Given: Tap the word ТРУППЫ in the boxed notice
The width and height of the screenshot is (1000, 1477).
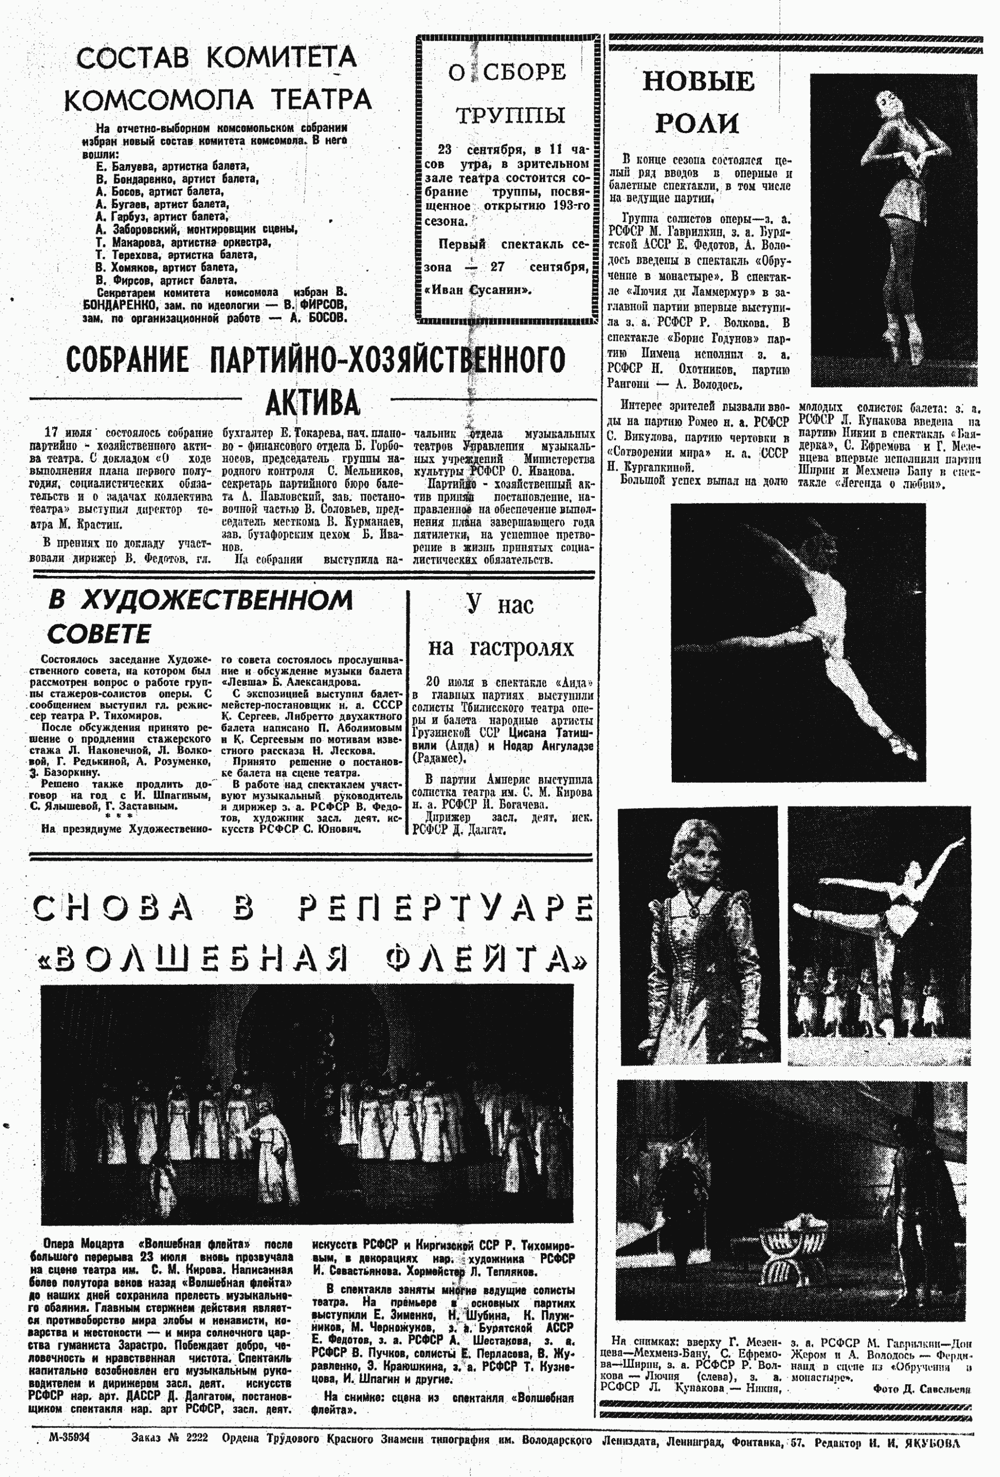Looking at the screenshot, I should pyautogui.click(x=510, y=115).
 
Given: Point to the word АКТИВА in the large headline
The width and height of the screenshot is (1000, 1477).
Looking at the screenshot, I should pyautogui.click(x=312, y=403).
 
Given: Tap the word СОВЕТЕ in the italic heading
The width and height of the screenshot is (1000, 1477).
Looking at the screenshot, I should pyautogui.click(x=99, y=634).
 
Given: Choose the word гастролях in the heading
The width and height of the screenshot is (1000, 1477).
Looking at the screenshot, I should pyautogui.click(x=521, y=648).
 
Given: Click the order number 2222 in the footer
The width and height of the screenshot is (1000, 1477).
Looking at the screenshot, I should pyautogui.click(x=196, y=1438).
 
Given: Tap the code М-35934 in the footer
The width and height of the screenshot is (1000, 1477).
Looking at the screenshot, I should pyautogui.click(x=69, y=1437).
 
